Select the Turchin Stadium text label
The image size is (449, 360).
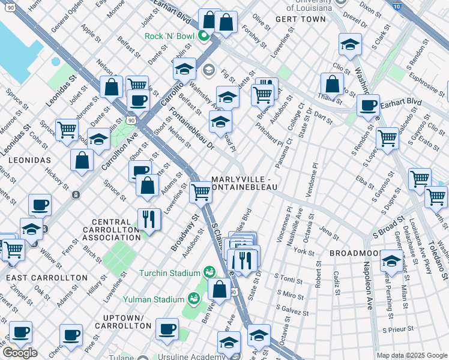tap(170, 273)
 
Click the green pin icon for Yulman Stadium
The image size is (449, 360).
tap(194, 297)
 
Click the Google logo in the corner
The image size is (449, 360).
tap(19, 352)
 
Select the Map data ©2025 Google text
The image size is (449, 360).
tap(412, 355)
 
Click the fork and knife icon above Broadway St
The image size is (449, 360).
tap(149, 220)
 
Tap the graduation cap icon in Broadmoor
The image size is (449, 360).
tap(391, 261)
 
